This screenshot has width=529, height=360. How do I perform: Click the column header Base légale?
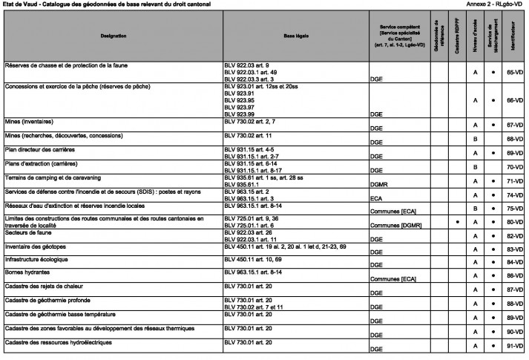296,36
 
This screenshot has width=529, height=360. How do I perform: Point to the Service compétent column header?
401,36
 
